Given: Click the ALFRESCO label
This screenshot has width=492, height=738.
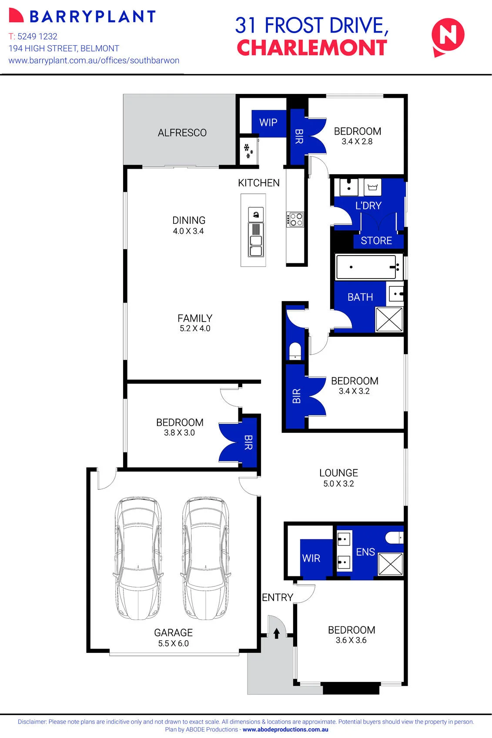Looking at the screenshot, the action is pos(182,133).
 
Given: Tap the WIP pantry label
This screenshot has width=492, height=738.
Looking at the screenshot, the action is pos(268,122).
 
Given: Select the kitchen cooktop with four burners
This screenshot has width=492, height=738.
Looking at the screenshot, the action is pos(295,219).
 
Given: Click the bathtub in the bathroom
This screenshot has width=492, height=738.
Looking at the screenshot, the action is pos(366,267).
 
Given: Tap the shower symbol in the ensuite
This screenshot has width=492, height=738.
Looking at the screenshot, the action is pos(391,564).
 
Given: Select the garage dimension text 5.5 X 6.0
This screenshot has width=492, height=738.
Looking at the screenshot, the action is pos(174,643).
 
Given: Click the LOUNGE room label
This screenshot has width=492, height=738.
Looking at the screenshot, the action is pos(339,473).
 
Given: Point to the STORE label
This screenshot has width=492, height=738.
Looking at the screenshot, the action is pos(376,240).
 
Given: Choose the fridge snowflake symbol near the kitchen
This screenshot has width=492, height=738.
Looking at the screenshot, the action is pos(248,150).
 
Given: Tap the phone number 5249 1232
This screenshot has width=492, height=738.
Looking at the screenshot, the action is pos(37,36).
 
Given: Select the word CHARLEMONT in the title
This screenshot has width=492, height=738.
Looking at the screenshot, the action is pos(312,48).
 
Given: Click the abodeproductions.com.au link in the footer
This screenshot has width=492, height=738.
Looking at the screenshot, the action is pos(285,729).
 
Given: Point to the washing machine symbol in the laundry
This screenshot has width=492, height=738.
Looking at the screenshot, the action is pos(373,187).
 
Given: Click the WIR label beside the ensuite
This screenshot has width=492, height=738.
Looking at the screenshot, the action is pos(311,558).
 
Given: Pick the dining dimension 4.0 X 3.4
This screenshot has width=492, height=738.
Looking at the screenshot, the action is pos(188,231).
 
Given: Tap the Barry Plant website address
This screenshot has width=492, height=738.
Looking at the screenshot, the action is pos(94,60).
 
